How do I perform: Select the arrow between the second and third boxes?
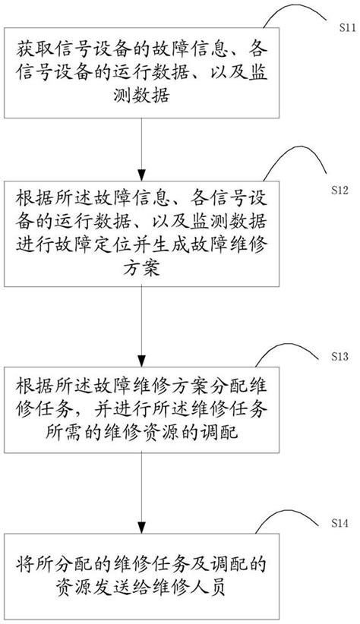(x=142, y=323)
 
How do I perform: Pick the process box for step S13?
(x=142, y=412)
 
